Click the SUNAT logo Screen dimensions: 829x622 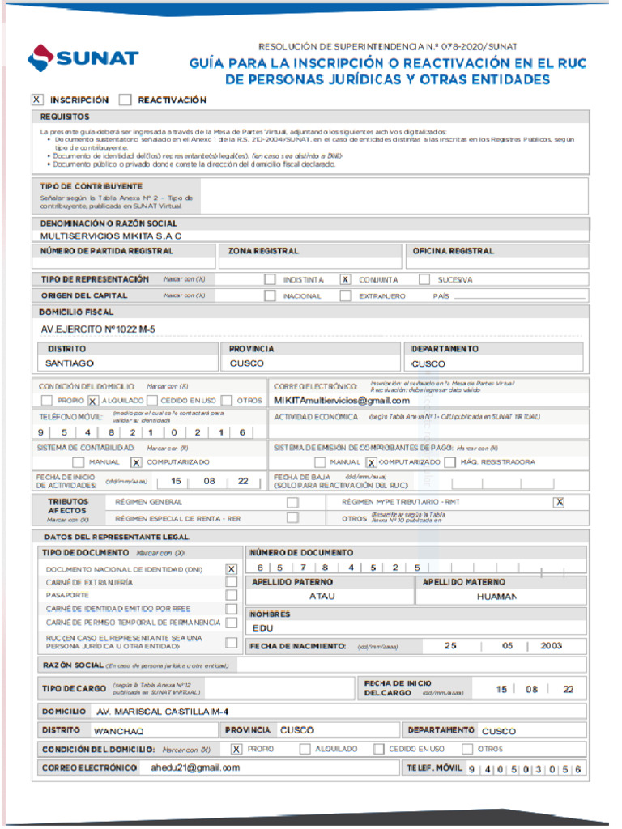click(83, 58)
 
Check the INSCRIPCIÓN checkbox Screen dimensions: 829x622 click(37, 100)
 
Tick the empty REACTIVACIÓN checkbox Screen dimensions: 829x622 click(125, 100)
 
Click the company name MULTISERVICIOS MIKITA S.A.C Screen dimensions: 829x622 click(111, 236)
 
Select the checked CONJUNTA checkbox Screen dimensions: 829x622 click(345, 279)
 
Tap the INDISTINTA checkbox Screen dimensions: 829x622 click(270, 279)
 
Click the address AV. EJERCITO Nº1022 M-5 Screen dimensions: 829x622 click(98, 329)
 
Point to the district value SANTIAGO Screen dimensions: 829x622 click(70, 363)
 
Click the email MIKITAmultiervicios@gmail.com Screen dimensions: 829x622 click(341, 400)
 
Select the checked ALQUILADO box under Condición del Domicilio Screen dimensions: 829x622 click(93, 401)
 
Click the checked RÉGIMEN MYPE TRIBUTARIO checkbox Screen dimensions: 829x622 click(559, 502)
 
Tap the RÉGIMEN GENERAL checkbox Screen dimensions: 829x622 click(292, 502)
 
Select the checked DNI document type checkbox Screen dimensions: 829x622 click(232, 568)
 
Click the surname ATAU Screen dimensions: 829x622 click(322, 596)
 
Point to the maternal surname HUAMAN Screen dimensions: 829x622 click(496, 596)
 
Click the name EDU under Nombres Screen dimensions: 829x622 click(262, 627)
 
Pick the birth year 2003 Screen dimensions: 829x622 click(552, 645)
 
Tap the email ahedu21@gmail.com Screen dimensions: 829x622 click(195, 767)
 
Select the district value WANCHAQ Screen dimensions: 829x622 click(118, 730)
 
